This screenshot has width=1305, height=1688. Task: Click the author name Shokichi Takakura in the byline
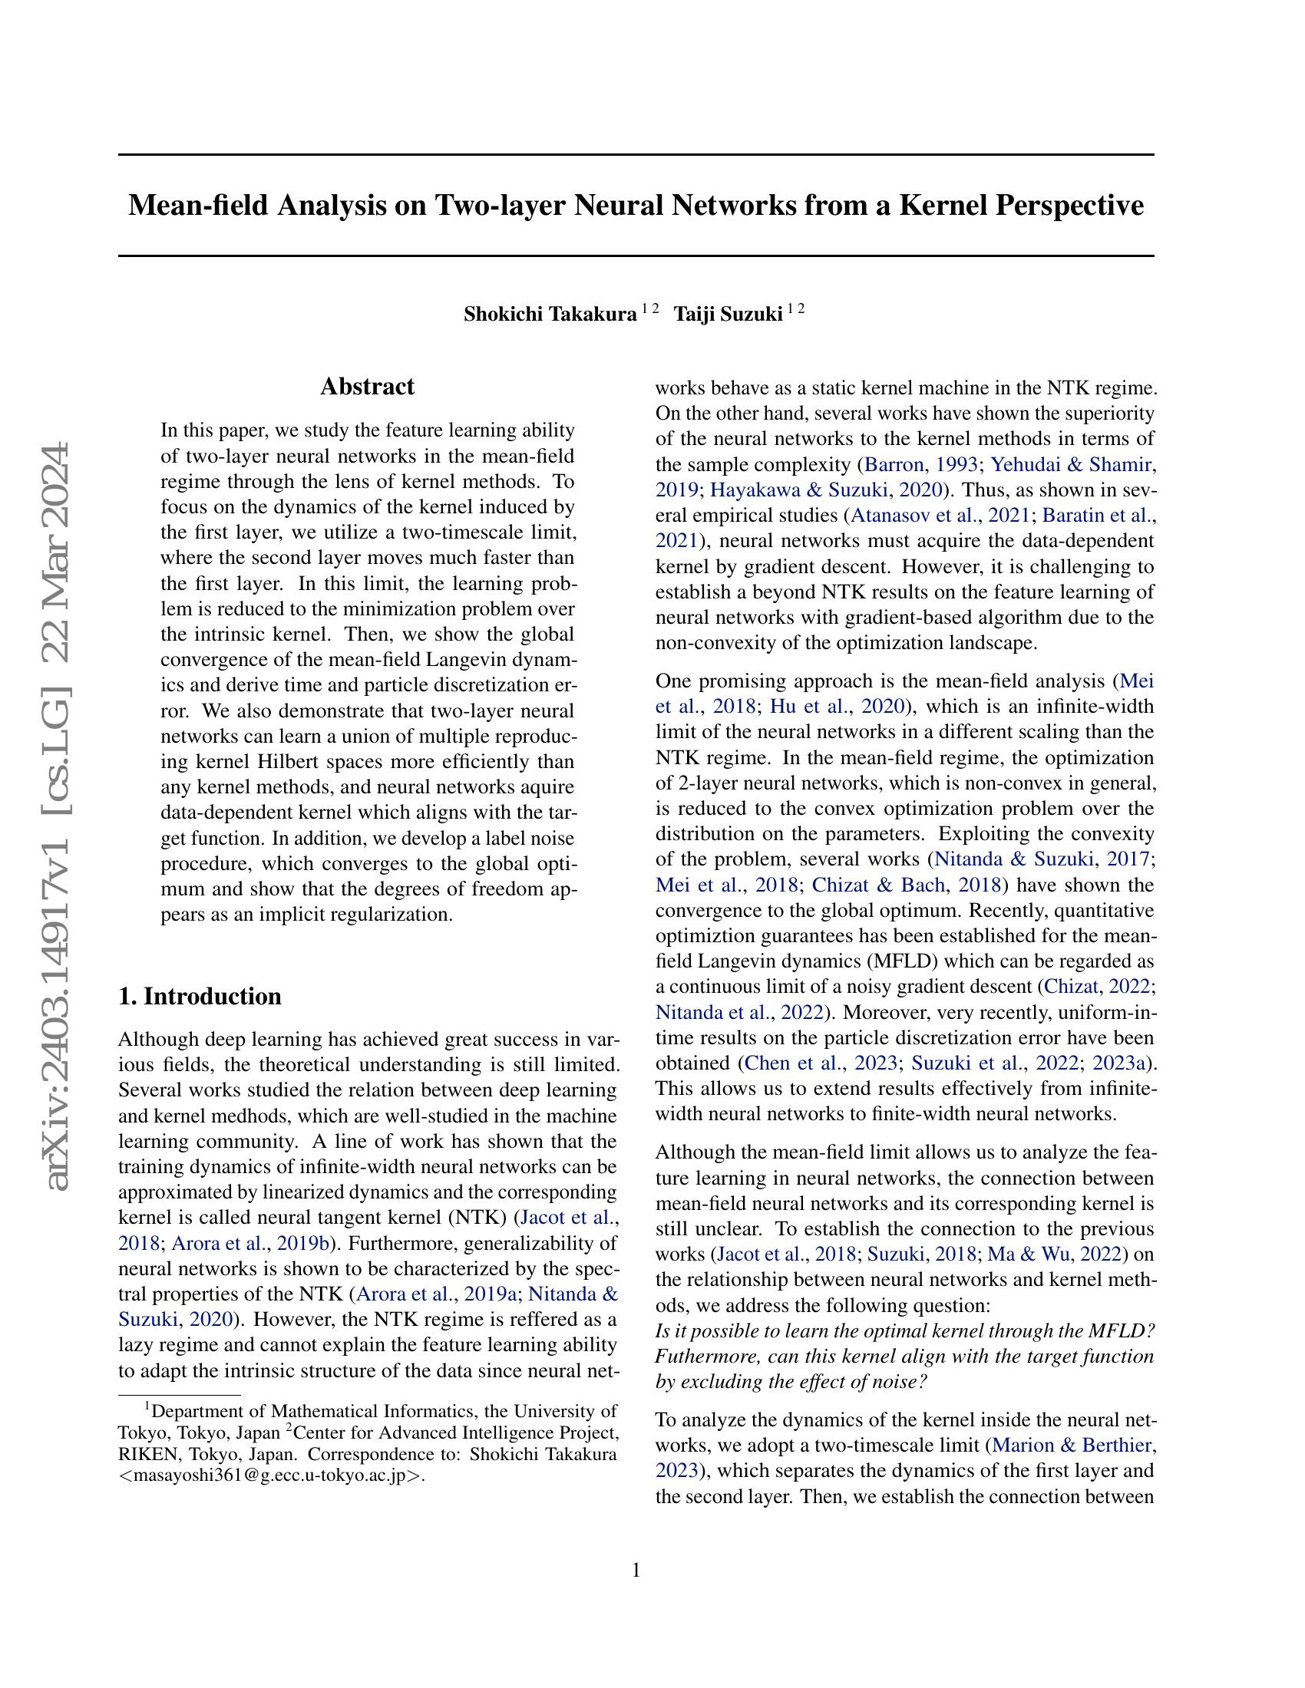pyautogui.click(x=550, y=315)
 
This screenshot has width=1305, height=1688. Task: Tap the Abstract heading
pyautogui.click(x=367, y=387)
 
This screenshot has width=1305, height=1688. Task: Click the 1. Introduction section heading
pyautogui.click(x=200, y=996)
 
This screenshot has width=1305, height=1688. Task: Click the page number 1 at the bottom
pyautogui.click(x=636, y=1570)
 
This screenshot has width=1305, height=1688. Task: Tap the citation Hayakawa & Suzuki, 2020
pyautogui.click(x=827, y=490)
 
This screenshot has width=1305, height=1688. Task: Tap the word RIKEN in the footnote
pyautogui.click(x=146, y=1455)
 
